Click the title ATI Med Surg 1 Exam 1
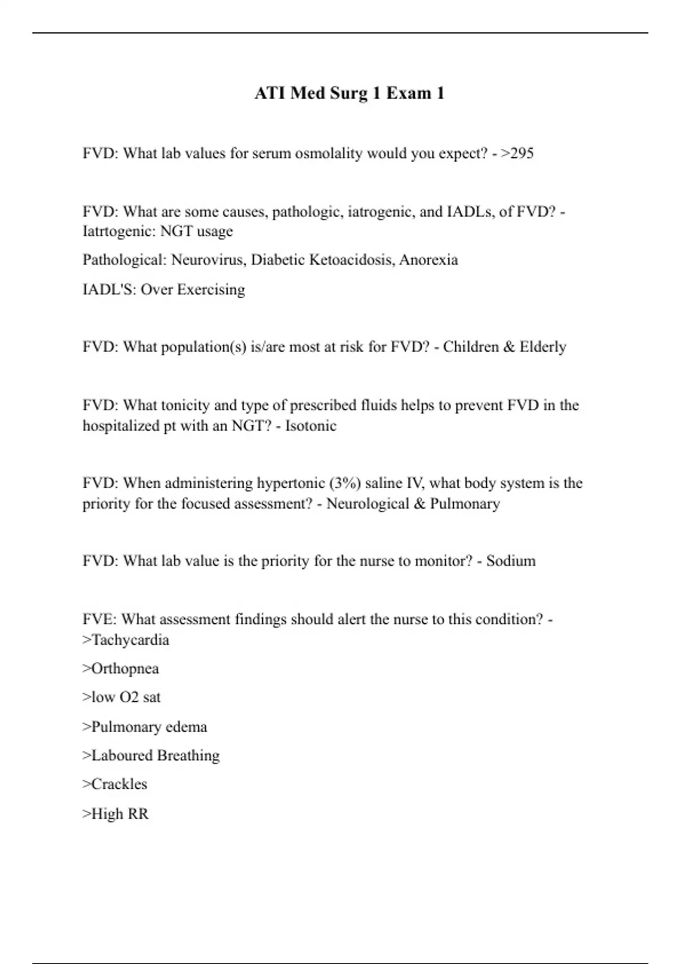point(349,93)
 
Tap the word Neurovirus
point(209,260)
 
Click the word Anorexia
point(428,260)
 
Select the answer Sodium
point(511,561)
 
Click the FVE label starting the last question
point(99,619)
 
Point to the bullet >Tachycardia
point(125,640)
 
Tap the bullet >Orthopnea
point(120,669)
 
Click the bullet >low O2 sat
point(121,697)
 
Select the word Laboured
point(121,755)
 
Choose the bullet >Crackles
point(115,784)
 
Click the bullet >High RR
point(115,814)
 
